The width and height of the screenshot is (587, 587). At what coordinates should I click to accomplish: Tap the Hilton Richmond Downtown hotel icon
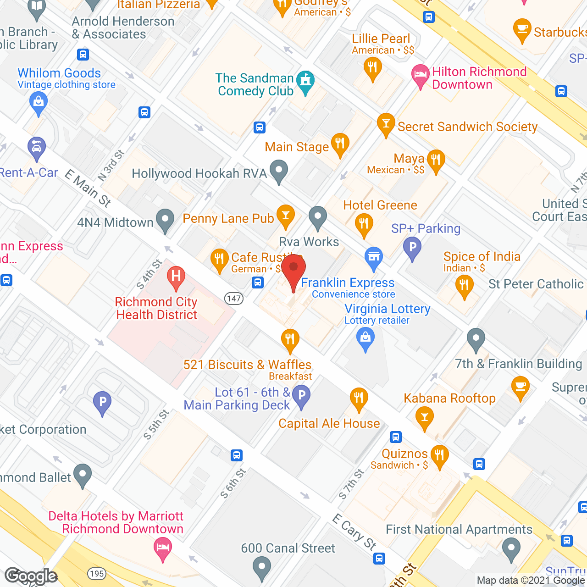pyautogui.click(x=420, y=76)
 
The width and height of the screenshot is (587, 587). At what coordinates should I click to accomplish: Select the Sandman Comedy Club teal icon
pyautogui.click(x=305, y=82)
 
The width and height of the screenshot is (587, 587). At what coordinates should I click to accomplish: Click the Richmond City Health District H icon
pyautogui.click(x=176, y=277)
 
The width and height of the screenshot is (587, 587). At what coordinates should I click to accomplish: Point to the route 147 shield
pyautogui.click(x=234, y=299)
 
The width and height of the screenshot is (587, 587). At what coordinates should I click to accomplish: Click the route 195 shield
pyautogui.click(x=97, y=573)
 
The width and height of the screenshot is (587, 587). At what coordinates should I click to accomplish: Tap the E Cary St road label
pyautogui.click(x=354, y=532)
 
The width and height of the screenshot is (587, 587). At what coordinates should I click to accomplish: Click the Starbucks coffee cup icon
pyautogui.click(x=522, y=30)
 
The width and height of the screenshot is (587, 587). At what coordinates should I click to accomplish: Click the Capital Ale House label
pyautogui.click(x=329, y=423)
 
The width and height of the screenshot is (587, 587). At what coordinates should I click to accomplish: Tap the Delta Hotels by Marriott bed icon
pyautogui.click(x=163, y=548)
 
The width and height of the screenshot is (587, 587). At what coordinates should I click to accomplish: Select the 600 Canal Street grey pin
pyautogui.click(x=261, y=567)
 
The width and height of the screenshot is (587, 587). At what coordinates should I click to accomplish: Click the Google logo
pyautogui.click(x=31, y=576)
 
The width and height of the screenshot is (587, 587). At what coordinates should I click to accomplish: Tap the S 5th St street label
pyautogui.click(x=156, y=425)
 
